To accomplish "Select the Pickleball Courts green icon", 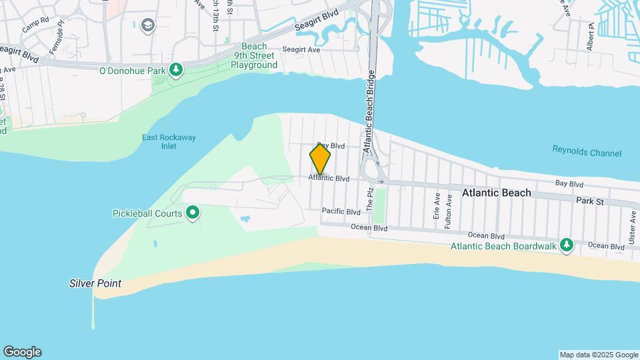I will [193, 213].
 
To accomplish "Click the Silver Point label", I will [95, 283].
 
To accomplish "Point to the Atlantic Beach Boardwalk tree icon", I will [566, 245].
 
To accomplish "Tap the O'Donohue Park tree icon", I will [176, 69].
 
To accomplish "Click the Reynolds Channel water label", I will [587, 152].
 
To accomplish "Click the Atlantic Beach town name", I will [497, 193].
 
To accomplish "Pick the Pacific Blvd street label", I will [341, 211].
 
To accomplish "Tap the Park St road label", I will [589, 201].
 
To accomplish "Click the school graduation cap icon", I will [147, 26].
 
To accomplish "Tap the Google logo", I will [22, 352].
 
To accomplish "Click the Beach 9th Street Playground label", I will [254, 56].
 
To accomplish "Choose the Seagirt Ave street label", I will [301, 49].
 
